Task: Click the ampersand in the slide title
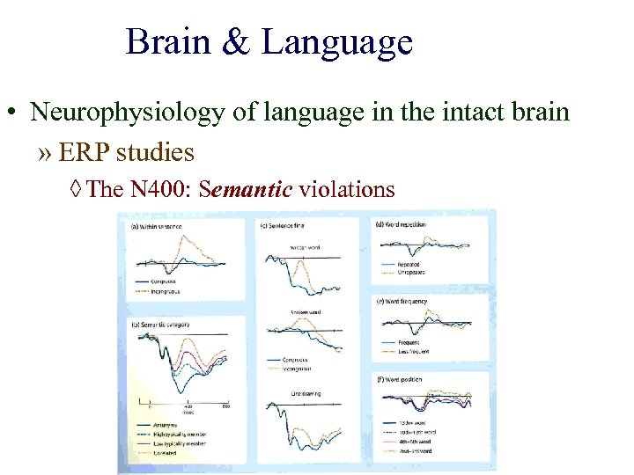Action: click(x=236, y=42)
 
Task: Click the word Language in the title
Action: click(x=336, y=42)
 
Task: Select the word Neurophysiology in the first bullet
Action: click(x=114, y=113)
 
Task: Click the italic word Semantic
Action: click(x=247, y=189)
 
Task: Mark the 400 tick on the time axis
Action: click(x=188, y=407)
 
